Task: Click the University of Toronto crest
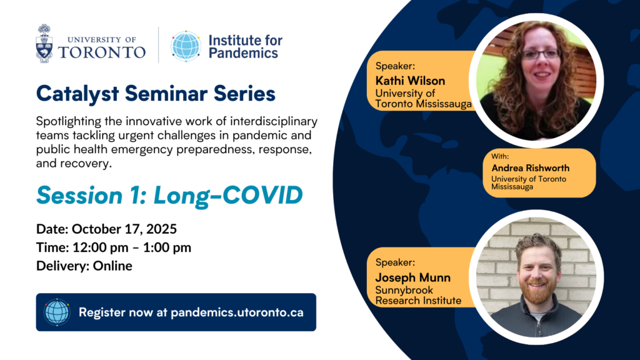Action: point(44,43)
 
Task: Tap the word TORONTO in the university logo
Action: point(102,52)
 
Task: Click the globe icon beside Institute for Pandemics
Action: point(186,46)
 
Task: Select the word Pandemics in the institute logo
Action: point(243,53)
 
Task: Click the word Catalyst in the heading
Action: point(77,94)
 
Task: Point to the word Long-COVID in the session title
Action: point(228,195)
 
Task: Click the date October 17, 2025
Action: point(124,229)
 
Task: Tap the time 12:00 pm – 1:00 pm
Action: point(132,247)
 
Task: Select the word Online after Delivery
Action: point(112,266)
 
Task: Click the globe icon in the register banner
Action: point(57,312)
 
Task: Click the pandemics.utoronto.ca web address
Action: point(237,312)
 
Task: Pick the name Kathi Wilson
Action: point(410,81)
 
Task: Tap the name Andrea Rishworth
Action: point(530,167)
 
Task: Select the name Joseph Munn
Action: point(413,277)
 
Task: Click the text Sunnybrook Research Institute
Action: point(418,295)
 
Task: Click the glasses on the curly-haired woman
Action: point(541,54)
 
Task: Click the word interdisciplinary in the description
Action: point(274,122)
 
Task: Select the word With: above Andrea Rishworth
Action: point(500,156)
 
